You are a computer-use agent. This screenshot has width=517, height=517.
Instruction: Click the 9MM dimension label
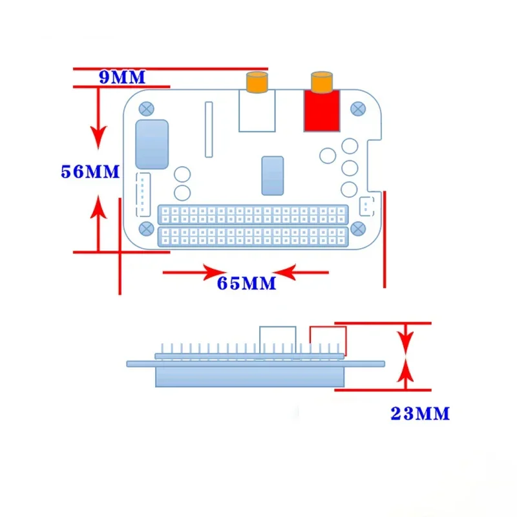[x=122, y=77]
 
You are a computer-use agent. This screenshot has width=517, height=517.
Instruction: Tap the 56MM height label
[x=90, y=172]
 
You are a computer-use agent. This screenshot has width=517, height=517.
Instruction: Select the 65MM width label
[x=246, y=283]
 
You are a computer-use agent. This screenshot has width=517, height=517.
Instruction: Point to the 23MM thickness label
[x=419, y=414]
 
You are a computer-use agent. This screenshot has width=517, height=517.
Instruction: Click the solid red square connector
[x=322, y=110]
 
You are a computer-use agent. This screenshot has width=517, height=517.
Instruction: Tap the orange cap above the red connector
[x=321, y=82]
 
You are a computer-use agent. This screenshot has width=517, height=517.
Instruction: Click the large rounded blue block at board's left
[x=153, y=144]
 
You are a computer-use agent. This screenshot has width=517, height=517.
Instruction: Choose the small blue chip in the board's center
[x=272, y=175]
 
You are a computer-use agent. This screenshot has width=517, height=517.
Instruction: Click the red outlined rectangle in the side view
[x=328, y=340]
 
